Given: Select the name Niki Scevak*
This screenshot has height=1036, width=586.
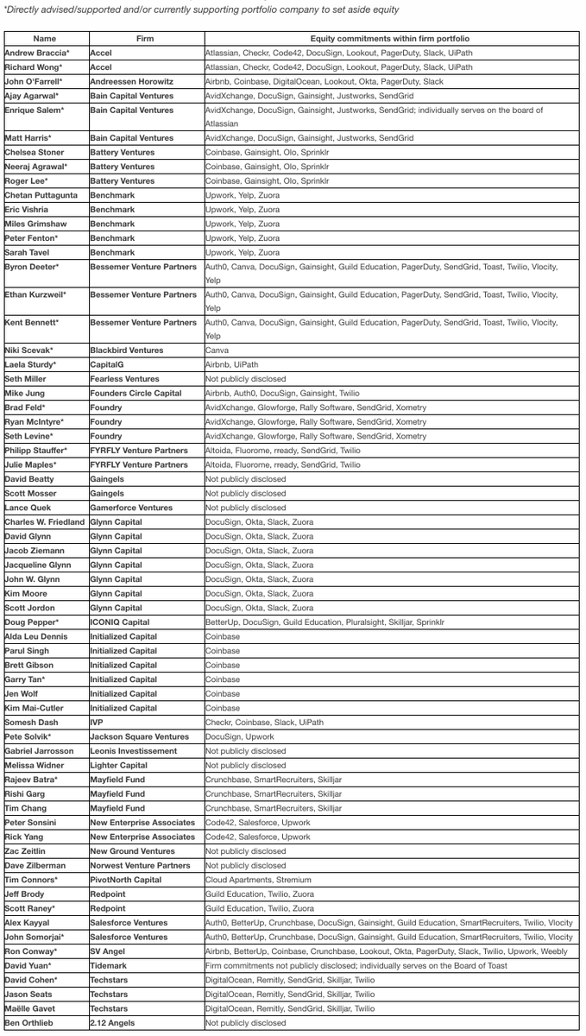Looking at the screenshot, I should tap(29, 351).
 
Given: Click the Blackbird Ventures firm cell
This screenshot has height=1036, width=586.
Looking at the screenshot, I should tap(128, 351).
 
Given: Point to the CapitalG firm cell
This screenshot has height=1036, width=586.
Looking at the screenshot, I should tap(109, 365).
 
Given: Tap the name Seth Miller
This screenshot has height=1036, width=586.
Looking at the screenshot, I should tap(26, 379).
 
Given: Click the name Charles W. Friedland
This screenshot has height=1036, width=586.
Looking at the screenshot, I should tap(46, 522).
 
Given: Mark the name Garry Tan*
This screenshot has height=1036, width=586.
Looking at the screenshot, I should tap(24, 679).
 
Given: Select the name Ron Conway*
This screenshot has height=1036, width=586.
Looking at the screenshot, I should tap(31, 951).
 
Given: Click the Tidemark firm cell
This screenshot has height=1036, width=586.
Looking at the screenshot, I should tap(110, 965).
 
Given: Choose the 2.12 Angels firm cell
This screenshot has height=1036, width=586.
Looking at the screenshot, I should tap(112, 1023).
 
